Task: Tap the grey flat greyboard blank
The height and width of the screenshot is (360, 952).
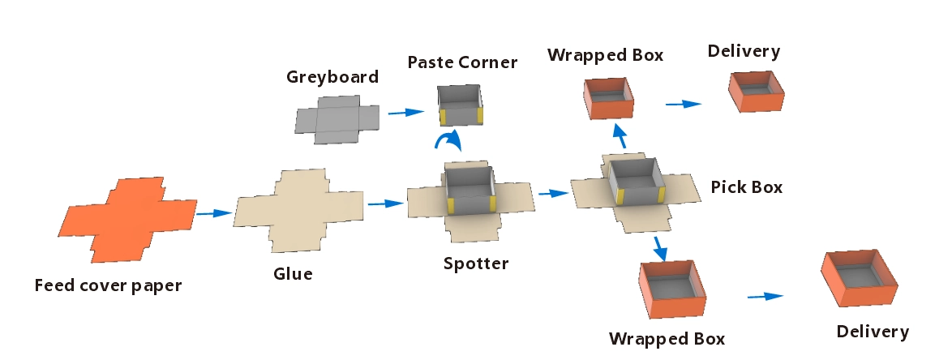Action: coord(336,118)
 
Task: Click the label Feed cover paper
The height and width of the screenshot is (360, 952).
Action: coord(108,285)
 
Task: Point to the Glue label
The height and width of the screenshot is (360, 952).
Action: coord(293,274)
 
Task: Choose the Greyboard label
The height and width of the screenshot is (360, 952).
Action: coord(332,78)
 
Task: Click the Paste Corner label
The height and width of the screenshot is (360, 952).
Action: coord(462,62)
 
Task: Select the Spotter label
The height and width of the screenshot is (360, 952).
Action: coord(476,264)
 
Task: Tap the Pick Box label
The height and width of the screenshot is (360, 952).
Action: coord(747,187)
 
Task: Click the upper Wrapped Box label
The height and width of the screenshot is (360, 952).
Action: coord(606,55)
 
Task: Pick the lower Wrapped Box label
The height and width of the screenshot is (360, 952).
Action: coord(667,337)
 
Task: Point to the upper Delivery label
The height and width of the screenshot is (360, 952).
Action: coord(744,52)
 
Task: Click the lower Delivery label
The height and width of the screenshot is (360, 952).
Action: coord(873,332)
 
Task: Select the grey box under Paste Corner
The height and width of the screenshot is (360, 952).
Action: coord(461,105)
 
